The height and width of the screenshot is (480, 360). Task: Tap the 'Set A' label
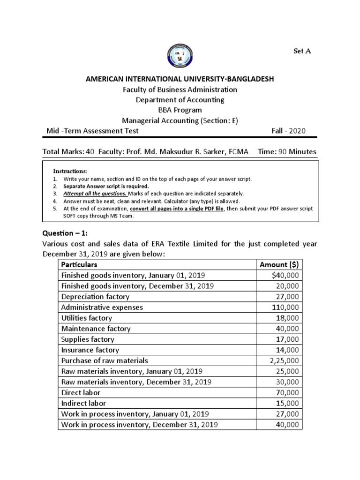click(x=302, y=51)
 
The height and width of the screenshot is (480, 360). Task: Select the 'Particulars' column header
click(x=79, y=265)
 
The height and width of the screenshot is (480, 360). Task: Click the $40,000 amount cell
click(x=287, y=276)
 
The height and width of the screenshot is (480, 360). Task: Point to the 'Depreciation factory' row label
click(x=95, y=297)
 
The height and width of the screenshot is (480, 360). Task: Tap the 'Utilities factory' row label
click(x=87, y=318)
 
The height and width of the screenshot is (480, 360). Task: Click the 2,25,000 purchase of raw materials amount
click(x=284, y=360)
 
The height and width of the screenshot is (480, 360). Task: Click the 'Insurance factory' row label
click(x=90, y=350)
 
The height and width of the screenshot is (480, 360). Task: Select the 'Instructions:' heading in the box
click(x=70, y=171)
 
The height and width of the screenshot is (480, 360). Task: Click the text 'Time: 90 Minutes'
click(x=287, y=152)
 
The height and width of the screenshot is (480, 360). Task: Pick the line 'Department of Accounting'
click(x=180, y=100)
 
